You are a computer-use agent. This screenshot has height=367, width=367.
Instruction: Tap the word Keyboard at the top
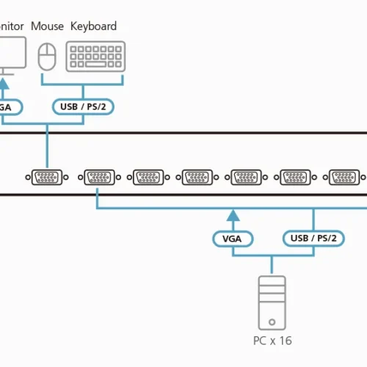(93, 26)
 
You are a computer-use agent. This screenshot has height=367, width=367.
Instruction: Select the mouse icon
(47, 55)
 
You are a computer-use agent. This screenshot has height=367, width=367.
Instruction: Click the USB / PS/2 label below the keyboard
(82, 106)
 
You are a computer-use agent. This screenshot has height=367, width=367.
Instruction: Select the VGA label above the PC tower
(233, 238)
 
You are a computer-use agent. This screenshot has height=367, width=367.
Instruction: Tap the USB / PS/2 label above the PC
(313, 238)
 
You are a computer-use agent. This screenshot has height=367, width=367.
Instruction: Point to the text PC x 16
(272, 341)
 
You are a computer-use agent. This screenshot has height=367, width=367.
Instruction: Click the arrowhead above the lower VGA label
(233, 215)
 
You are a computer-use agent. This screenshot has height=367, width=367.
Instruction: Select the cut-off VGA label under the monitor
(9, 106)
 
